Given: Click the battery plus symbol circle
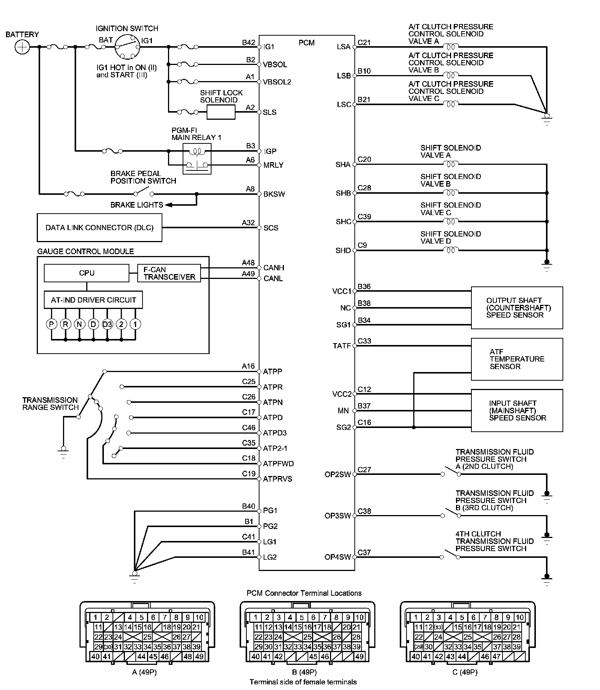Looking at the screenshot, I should [x=22, y=47].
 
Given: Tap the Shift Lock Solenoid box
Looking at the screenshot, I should [x=221, y=112].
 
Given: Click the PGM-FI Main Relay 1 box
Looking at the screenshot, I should [x=197, y=158].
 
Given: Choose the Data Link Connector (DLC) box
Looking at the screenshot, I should [x=99, y=227].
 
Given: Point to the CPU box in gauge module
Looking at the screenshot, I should [x=86, y=273].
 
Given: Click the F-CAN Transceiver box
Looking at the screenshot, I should [x=169, y=273].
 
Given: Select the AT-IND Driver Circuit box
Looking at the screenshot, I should [x=93, y=300].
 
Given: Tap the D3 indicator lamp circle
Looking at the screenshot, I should [x=107, y=324].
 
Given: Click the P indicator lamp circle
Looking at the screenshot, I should [x=51, y=324].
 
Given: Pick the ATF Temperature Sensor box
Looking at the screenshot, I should [x=517, y=359].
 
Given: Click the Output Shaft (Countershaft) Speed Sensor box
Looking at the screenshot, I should [x=517, y=308].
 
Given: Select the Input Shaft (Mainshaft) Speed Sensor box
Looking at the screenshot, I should [x=517, y=410].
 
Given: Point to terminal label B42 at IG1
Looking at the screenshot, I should [x=248, y=42].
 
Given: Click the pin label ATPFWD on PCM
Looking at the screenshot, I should [x=278, y=464].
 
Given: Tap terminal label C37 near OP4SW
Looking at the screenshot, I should [x=364, y=552].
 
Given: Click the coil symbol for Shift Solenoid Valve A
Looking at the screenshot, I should [x=451, y=164].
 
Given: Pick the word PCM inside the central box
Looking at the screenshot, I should [x=306, y=43].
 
